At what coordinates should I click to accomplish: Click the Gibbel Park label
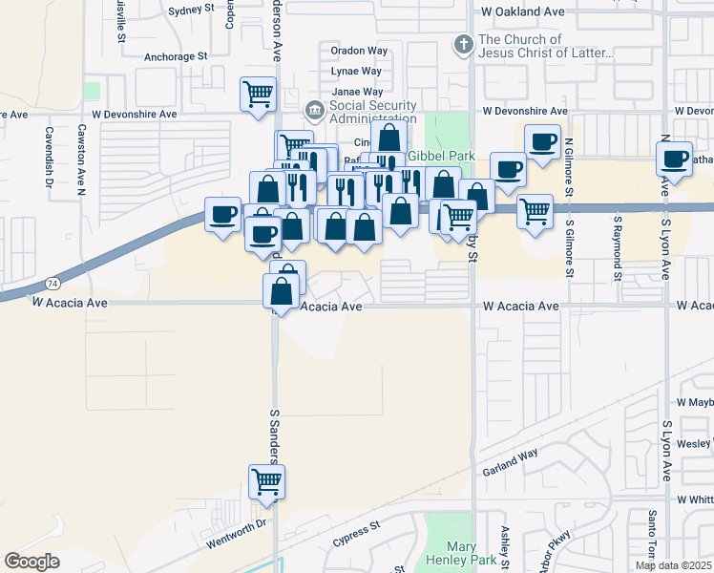click(x=440, y=155)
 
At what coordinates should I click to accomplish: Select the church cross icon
click(x=463, y=44)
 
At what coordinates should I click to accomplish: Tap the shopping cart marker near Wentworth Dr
click(x=266, y=481)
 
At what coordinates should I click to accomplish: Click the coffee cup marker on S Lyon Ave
click(x=675, y=159)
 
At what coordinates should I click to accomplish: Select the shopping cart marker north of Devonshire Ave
click(x=259, y=95)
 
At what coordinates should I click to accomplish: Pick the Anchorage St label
click(x=176, y=56)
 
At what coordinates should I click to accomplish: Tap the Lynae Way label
click(x=356, y=72)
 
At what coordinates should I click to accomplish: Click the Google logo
click(x=31, y=562)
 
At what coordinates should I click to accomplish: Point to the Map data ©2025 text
click(x=672, y=565)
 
